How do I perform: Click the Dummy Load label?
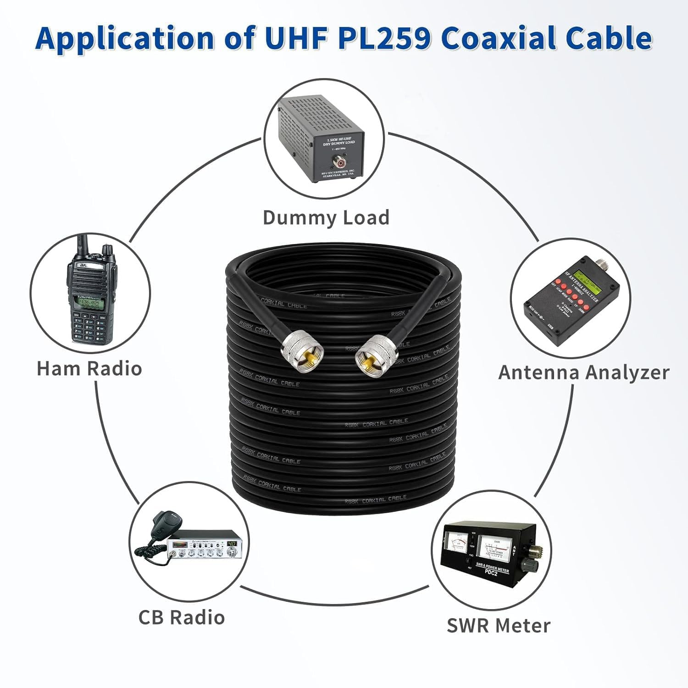click(326, 217)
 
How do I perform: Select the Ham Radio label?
click(89, 368)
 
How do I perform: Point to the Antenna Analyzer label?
click(583, 372)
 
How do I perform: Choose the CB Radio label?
click(182, 617)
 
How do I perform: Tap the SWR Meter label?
click(499, 626)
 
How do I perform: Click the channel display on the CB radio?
click(231, 543)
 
